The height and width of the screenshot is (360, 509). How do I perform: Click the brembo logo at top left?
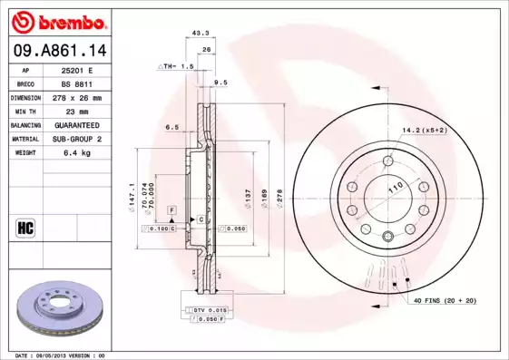point(55,20)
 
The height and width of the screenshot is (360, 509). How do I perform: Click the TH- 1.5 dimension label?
point(176,67)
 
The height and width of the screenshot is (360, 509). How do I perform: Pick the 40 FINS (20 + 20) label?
point(445,299)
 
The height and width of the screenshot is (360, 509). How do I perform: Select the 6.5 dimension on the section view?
point(171,129)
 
